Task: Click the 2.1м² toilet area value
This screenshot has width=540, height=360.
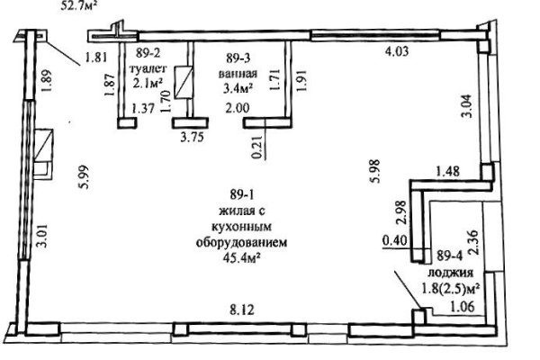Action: click(150, 85)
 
